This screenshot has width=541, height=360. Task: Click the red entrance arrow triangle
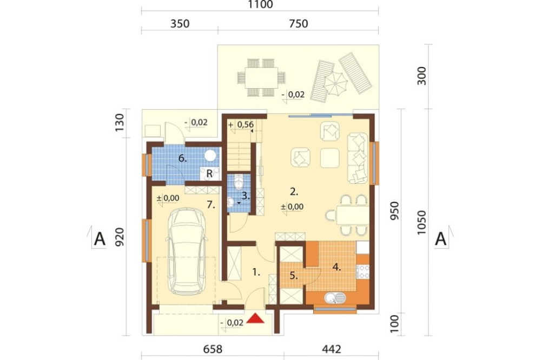click(x=256, y=318)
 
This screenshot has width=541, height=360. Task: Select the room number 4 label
click(x=337, y=267)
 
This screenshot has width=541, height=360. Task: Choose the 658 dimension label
click(x=213, y=349)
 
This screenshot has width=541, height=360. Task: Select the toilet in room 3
click(x=239, y=182)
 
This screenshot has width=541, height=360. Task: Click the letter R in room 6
click(x=209, y=174)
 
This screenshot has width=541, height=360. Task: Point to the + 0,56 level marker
click(x=241, y=125)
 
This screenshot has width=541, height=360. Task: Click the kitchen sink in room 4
click(x=335, y=298)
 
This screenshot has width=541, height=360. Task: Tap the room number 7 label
click(x=211, y=205)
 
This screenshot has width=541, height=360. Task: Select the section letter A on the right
click(x=440, y=238)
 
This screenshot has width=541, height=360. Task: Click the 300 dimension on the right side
click(x=421, y=76)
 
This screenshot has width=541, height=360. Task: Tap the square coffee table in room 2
click(x=330, y=158)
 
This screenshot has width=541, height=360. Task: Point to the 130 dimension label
click(x=120, y=122)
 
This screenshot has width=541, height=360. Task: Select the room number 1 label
click(x=256, y=272)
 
